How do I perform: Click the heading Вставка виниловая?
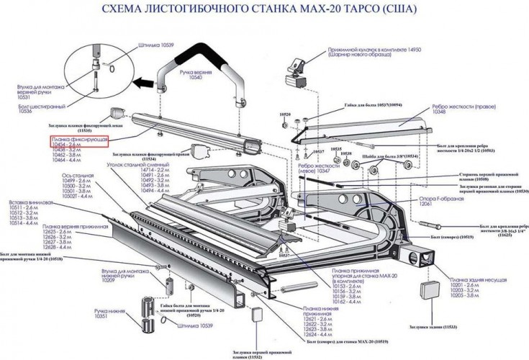pos(30,203)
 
